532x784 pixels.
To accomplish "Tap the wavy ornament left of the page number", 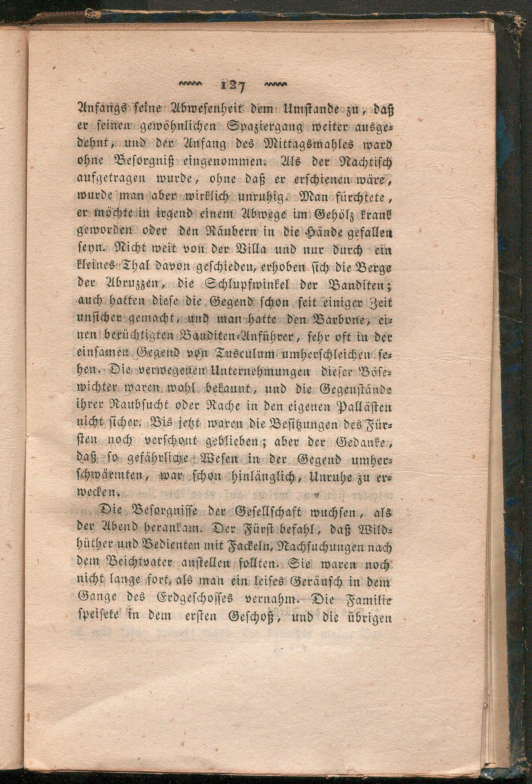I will coord(189,84).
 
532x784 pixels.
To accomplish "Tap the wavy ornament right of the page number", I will coord(276,84).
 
